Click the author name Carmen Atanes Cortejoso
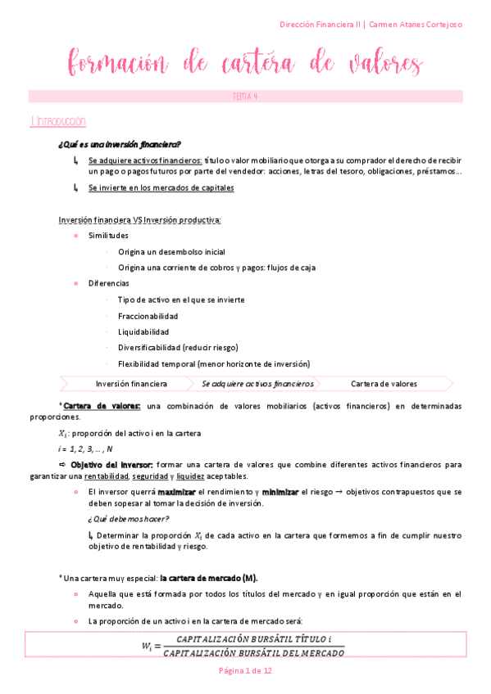[416, 25]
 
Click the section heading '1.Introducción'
[57, 121]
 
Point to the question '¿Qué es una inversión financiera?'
[120, 144]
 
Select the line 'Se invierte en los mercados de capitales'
[161, 187]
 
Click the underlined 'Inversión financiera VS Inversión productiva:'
[139, 220]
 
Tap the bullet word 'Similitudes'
[108, 236]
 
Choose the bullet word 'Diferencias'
[108, 283]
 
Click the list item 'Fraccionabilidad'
[148, 316]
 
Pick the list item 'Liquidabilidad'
[143, 332]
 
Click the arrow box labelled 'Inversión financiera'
[131, 383]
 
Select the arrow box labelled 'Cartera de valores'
[384, 383]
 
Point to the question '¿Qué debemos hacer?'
[128, 519]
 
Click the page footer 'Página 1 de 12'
[245, 670]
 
